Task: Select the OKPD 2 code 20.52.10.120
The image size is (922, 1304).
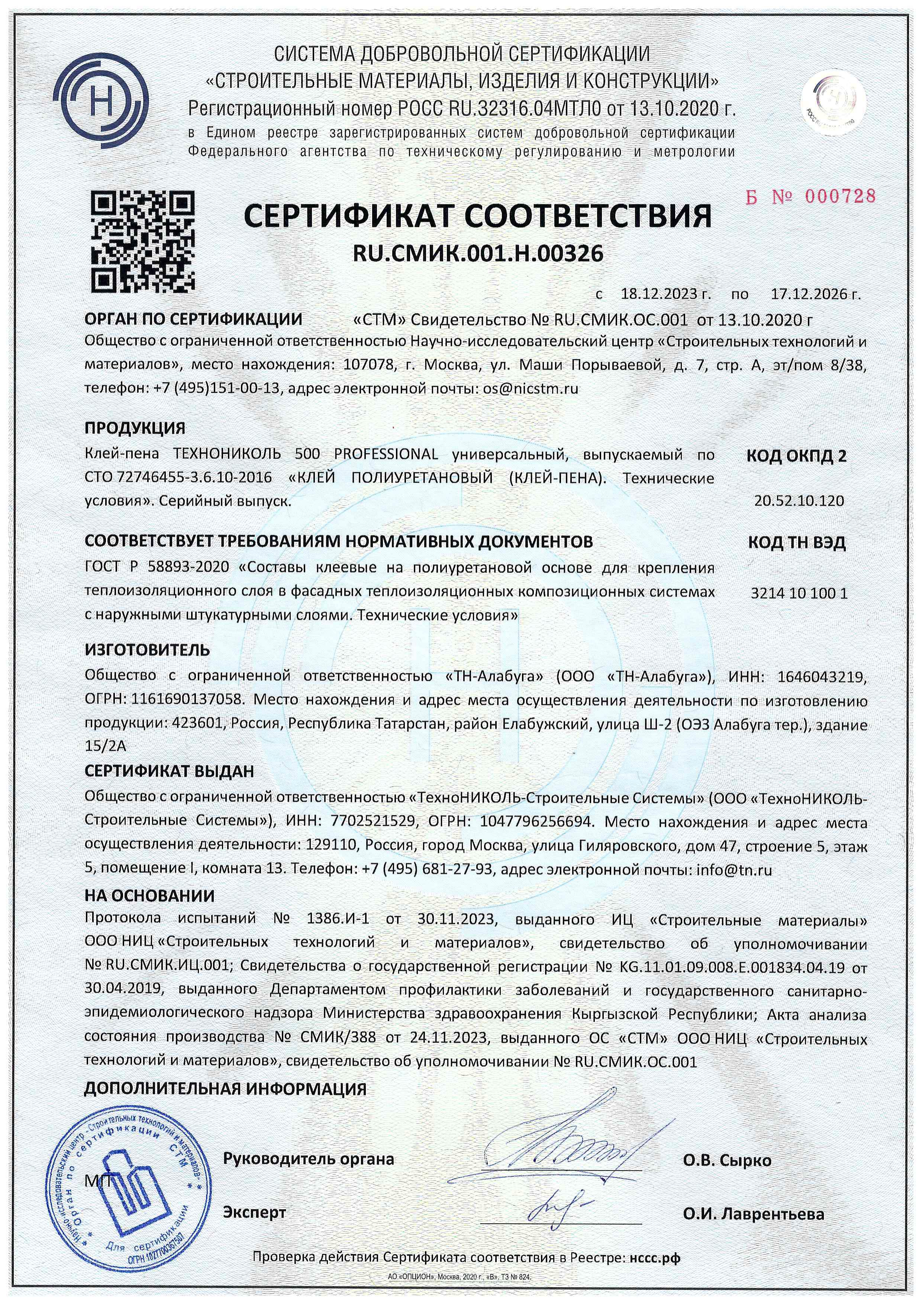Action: [x=799, y=501]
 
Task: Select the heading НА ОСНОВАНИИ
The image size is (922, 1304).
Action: [x=149, y=896]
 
